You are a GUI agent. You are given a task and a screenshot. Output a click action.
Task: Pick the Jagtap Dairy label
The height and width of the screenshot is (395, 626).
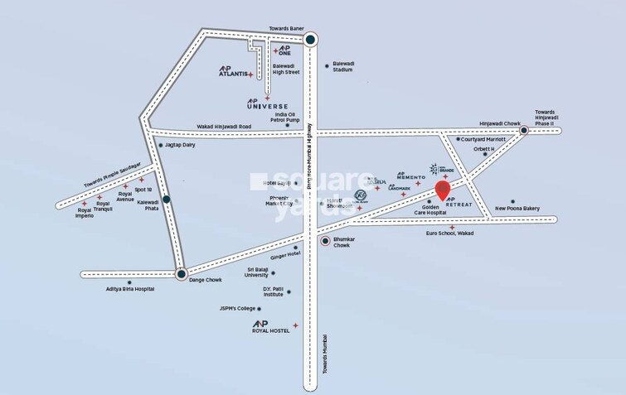pos(180,145)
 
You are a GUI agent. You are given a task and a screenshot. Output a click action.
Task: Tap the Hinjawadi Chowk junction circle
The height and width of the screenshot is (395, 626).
pos(523,131)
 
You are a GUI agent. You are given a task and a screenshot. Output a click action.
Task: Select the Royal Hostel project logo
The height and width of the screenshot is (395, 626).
pos(270,326)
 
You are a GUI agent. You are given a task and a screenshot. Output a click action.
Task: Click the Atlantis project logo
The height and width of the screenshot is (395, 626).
pos(233,72)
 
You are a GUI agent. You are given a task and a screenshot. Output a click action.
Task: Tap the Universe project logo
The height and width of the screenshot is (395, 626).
pos(267,104)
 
